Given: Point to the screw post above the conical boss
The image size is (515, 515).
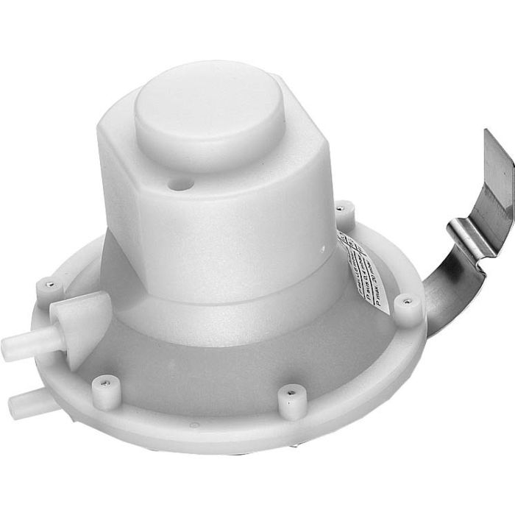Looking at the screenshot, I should click(x=49, y=287).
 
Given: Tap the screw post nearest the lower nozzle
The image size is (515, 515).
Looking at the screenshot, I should click(x=104, y=391).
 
